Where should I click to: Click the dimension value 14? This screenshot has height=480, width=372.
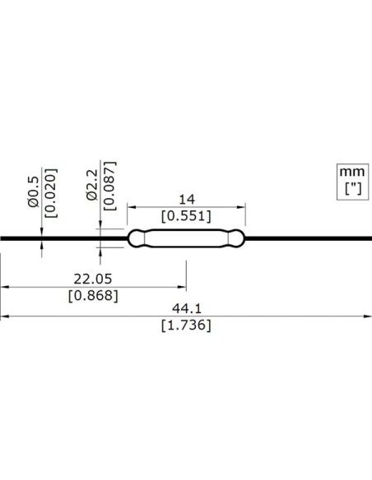pyautogui.click(x=186, y=199)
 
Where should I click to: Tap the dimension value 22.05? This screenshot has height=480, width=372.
pyautogui.click(x=92, y=279)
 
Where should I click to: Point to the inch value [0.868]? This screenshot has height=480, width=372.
pyautogui.click(x=92, y=295)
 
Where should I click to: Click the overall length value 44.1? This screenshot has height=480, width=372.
pyautogui.click(x=186, y=307)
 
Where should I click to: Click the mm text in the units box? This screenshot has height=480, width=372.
pyautogui.click(x=351, y=173)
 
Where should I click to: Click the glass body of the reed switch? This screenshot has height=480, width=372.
pyautogui.click(x=186, y=239)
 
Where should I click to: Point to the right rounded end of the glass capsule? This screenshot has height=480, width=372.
pyautogui.click(x=239, y=239)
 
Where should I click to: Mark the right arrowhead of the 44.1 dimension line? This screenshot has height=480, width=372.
pyautogui.click(x=368, y=316)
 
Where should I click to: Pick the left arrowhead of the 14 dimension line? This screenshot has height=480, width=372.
pyautogui.click(x=130, y=208)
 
